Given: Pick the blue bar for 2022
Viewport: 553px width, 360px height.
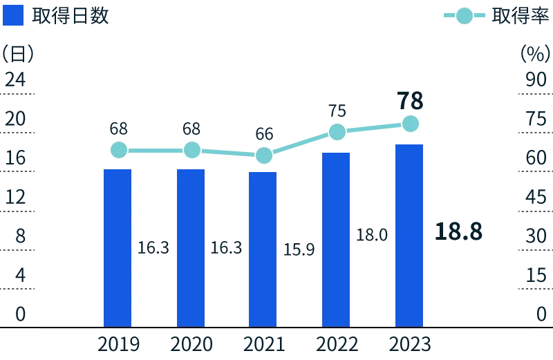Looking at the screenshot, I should pos(337,238).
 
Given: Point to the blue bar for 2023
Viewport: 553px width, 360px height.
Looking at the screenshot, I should pos(409,235).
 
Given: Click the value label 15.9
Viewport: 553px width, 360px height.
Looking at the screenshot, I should pos(299,249).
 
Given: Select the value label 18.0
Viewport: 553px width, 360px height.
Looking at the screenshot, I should pos(371,235).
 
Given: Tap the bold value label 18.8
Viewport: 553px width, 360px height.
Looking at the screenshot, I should pos(458,231).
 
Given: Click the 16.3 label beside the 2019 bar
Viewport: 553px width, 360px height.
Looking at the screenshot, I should pos(153,247).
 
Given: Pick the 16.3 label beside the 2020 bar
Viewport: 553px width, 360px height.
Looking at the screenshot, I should pos(226,247).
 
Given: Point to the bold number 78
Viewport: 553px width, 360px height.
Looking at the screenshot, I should pos(410,101).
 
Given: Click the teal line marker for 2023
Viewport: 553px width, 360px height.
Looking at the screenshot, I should pos(410,124).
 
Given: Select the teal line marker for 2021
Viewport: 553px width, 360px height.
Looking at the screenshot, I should pos(263,155).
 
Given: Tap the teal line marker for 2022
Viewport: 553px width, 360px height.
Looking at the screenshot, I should pos(337,131).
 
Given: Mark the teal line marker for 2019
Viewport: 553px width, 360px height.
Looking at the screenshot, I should pos(118,149).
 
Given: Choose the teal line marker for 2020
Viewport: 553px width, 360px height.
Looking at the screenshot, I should pos(191,149).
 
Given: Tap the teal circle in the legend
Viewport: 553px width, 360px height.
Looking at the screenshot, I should pos(465,15).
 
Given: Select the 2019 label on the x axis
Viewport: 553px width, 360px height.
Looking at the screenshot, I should pos(118,343).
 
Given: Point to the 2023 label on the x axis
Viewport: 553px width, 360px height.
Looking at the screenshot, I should pos(409,343).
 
